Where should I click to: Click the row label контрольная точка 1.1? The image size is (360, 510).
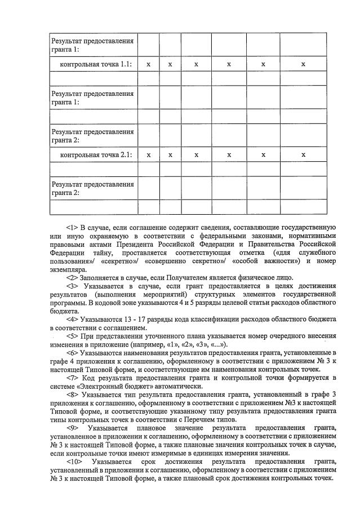point(96,64)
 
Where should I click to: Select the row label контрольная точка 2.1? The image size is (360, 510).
point(96,154)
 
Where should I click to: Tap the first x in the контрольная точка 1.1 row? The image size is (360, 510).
point(148,64)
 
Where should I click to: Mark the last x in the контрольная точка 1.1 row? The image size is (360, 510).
point(303,64)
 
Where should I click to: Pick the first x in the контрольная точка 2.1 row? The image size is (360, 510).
point(148,154)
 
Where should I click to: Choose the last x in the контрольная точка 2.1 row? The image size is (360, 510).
point(303,154)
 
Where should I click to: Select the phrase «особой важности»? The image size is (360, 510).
point(270,261)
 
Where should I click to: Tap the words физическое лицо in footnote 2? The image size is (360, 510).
point(266,277)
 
